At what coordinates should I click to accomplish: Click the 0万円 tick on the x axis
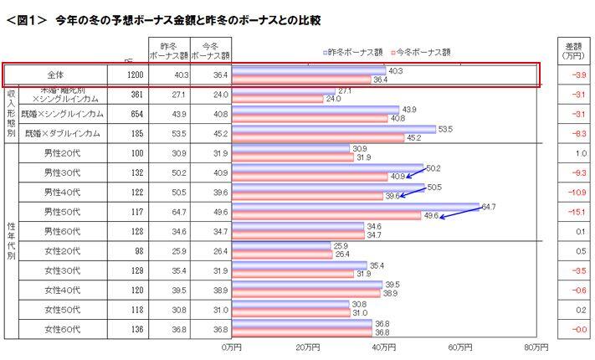(233, 346)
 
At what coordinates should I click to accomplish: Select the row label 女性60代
(63, 328)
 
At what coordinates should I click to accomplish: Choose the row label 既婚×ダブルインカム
(64, 133)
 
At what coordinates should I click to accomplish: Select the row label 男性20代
(63, 153)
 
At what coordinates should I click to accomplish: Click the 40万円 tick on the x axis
(383, 346)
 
